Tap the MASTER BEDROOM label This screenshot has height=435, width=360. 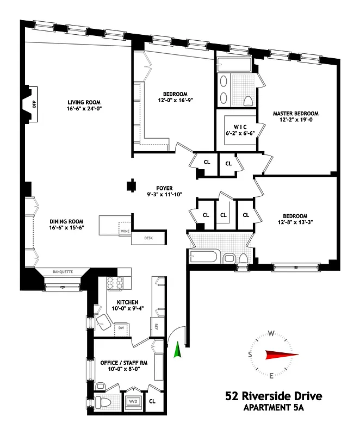click(295, 114)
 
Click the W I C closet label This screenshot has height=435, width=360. click(240, 127)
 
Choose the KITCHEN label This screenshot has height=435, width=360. click(127, 302)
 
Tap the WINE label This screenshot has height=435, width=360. click(125, 231)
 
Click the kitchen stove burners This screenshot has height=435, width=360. click(116, 283)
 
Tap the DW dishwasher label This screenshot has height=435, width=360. click(121, 327)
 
